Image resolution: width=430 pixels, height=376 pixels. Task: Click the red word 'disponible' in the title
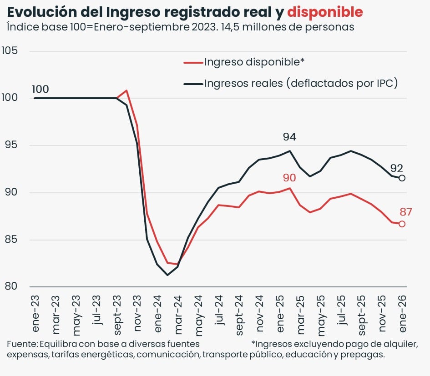point(325,11)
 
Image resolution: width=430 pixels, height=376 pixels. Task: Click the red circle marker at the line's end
point(402,224)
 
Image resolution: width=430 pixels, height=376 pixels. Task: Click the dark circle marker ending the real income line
point(402,178)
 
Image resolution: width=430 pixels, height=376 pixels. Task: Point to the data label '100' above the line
point(40,89)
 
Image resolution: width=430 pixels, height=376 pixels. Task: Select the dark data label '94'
point(289,137)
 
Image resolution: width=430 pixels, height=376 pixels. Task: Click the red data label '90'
point(289,177)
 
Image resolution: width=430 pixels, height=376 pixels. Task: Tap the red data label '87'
point(406,211)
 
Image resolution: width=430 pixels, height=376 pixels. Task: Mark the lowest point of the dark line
point(167,275)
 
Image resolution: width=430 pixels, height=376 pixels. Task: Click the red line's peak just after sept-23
point(126,90)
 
